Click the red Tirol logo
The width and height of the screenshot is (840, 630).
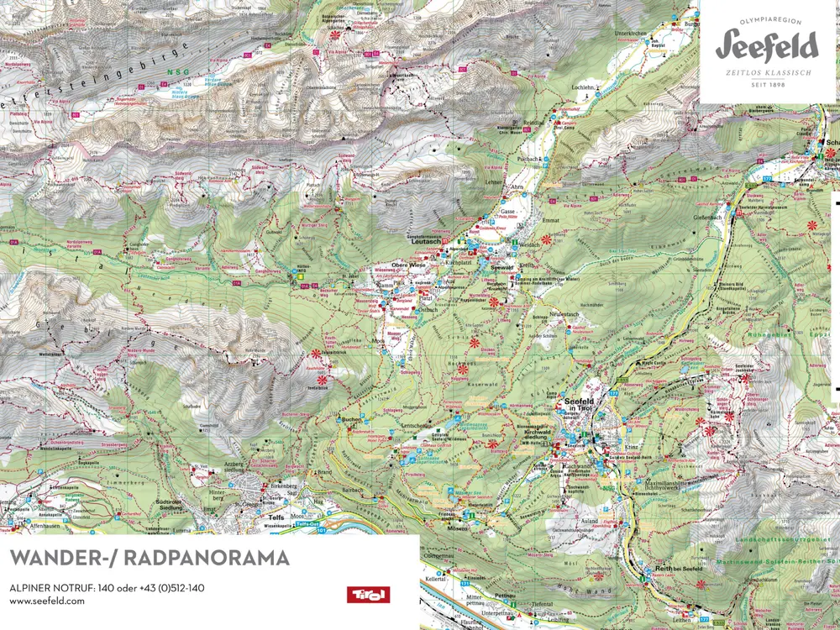pyautogui.click(x=367, y=593)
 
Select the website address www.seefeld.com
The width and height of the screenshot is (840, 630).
pyautogui.click(x=47, y=601)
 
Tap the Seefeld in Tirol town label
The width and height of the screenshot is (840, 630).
pyautogui.click(x=580, y=405)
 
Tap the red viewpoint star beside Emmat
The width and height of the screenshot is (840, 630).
pyautogui.click(x=546, y=239)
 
